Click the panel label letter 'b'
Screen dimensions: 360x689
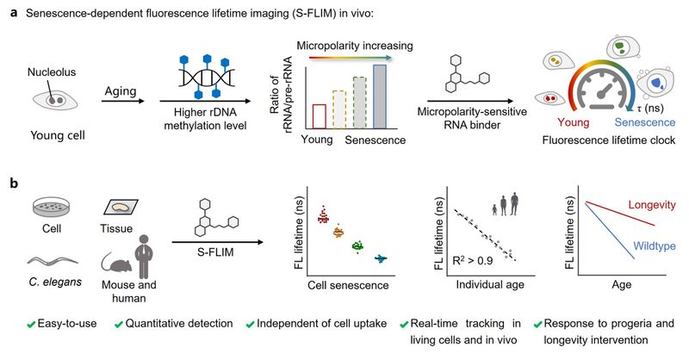9,185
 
